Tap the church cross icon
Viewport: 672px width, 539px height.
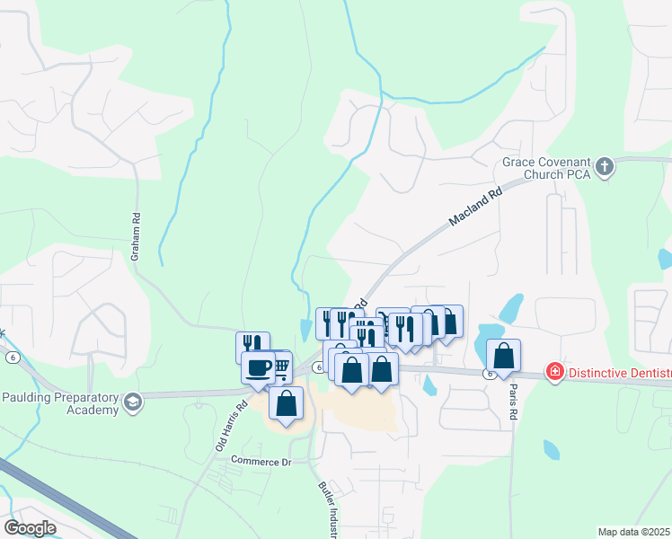tap(605, 166)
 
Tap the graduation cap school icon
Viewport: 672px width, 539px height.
tap(133, 400)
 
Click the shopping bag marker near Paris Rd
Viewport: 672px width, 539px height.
tap(504, 355)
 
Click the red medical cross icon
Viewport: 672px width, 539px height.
tap(554, 371)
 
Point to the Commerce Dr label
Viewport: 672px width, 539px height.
tap(261, 461)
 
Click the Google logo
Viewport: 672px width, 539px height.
tap(30, 528)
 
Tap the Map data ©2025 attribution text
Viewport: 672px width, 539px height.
tap(634, 532)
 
